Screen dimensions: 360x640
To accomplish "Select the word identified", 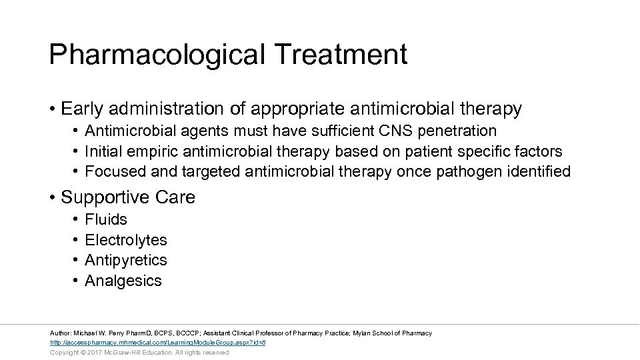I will tap(537, 171).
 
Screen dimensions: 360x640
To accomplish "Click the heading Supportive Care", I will tap(128, 197).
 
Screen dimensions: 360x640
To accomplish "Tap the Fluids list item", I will tap(106, 219).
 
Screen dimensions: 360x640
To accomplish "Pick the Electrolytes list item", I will tap(126, 240).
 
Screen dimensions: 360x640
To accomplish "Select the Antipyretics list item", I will tap(126, 260).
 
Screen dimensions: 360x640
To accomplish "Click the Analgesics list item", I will tap(123, 281).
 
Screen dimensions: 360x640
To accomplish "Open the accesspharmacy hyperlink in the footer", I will tap(158, 343).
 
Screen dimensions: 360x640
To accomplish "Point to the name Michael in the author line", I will tap(85, 333).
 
